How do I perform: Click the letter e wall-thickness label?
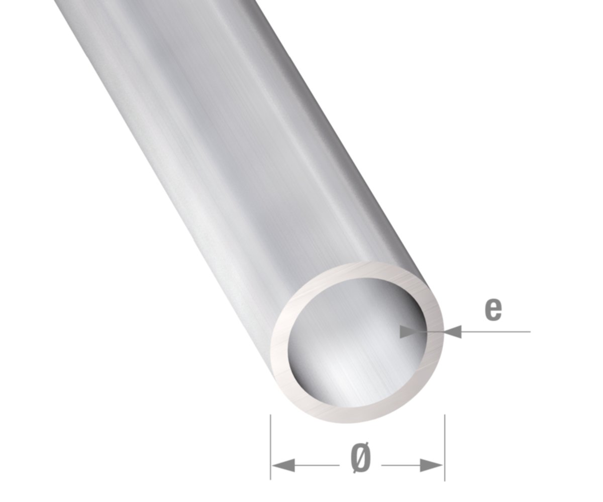(x=493, y=309)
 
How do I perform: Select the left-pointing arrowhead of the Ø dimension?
(x=283, y=465)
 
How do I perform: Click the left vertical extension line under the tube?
(x=271, y=447)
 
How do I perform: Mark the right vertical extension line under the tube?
(x=444, y=447)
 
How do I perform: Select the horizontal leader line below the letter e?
(x=497, y=331)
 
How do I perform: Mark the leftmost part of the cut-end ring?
(x=279, y=346)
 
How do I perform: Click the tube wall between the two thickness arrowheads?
(x=436, y=331)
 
